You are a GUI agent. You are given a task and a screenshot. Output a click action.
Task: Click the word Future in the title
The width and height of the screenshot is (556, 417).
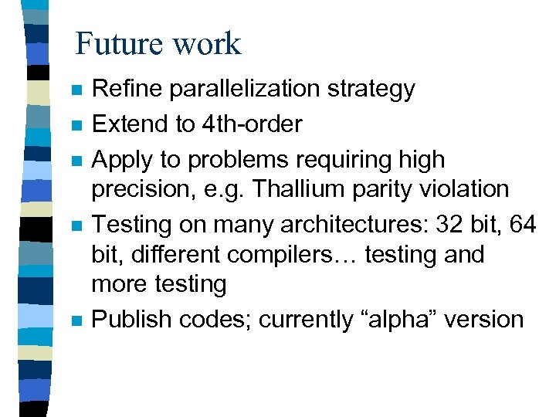tap(123, 44)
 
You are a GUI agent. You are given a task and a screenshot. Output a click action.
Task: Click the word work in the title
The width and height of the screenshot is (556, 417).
tap(208, 44)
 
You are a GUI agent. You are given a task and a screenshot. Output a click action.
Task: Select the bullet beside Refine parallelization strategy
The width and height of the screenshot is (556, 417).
tap(74, 90)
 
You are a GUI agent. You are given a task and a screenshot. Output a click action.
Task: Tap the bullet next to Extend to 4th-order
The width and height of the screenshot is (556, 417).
tap(74, 125)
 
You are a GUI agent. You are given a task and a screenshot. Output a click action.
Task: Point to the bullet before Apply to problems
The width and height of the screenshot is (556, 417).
tap(74, 161)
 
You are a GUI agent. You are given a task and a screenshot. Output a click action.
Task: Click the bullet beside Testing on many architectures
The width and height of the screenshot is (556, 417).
tap(74, 226)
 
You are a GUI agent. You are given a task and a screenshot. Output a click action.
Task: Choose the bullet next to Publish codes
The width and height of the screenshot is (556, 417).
tap(74, 320)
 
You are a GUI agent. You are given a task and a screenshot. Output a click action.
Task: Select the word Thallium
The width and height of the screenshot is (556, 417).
tap(298, 189)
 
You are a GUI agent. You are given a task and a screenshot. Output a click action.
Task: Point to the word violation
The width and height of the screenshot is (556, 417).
tap(463, 189)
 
